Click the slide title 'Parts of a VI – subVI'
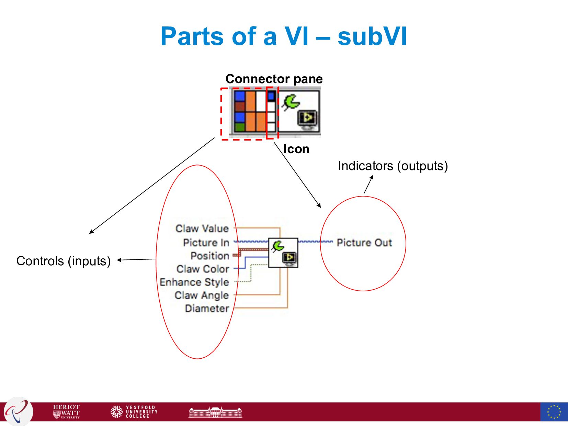(x=284, y=36)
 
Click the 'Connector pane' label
(x=274, y=79)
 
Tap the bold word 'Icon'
(x=296, y=149)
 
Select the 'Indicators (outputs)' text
(x=393, y=166)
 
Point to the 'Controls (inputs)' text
(x=64, y=261)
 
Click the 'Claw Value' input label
(x=202, y=228)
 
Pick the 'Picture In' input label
(x=206, y=243)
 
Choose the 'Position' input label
(x=210, y=256)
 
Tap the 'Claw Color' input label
(x=203, y=269)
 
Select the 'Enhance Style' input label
(x=194, y=282)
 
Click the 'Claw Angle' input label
(x=202, y=295)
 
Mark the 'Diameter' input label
(x=207, y=309)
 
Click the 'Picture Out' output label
(x=364, y=243)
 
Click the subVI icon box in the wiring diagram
(x=283, y=253)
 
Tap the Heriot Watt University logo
(x=66, y=412)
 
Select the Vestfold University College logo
(x=134, y=412)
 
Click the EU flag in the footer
(x=554, y=412)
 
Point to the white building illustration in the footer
(x=215, y=412)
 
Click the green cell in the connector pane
(x=240, y=127)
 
